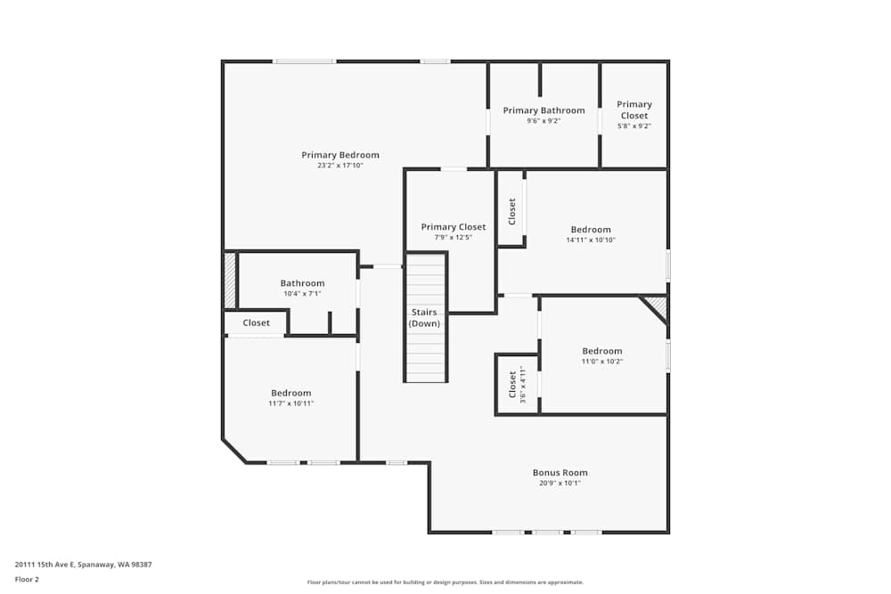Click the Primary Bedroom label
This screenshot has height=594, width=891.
pos(339,155)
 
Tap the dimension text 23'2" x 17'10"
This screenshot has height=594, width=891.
pos(339,166)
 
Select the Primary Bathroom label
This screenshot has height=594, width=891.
pos(544,110)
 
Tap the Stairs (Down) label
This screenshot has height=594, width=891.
pos(424,318)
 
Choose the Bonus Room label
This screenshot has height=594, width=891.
pos(560,473)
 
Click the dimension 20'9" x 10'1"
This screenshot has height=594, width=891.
pos(560,484)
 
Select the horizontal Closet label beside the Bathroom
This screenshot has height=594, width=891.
pos(256,323)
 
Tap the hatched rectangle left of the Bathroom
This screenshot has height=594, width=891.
pos(229,281)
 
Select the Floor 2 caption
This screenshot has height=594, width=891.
pos(27,579)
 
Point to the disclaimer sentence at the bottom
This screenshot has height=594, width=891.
pos(445,582)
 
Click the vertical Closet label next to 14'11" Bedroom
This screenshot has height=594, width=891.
pos(512,211)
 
